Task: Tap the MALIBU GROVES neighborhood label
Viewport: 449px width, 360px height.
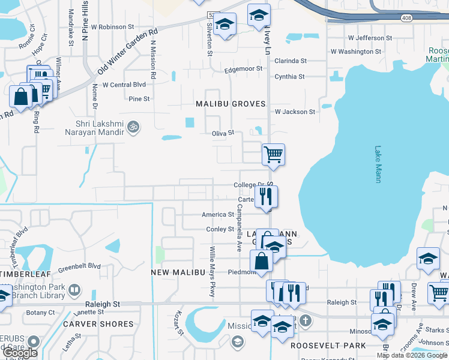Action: (x=231, y=104)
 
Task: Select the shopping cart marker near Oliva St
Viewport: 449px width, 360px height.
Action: (x=273, y=154)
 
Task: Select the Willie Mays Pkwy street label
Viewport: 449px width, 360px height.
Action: (x=212, y=272)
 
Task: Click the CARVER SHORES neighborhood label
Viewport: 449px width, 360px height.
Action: (x=98, y=324)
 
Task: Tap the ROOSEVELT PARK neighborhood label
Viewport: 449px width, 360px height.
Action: (x=328, y=346)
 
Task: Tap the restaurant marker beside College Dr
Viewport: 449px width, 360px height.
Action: (x=266, y=196)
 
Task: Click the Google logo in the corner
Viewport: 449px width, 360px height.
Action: (x=19, y=352)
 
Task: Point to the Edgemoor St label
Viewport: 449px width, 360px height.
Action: (x=243, y=69)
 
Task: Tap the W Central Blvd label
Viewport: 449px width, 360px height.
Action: (x=124, y=85)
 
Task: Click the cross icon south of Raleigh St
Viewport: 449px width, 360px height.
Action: (x=306, y=319)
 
